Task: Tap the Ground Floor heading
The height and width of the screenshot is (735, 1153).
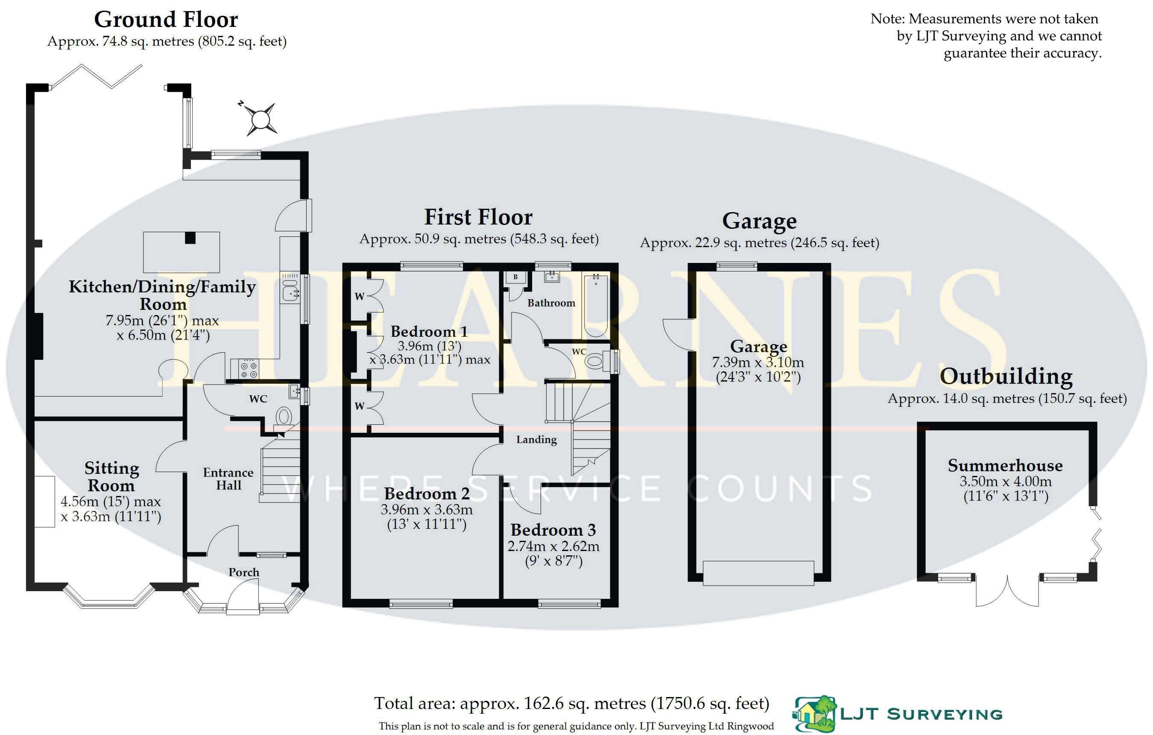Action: tap(166, 20)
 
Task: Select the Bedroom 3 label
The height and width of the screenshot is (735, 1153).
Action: tap(553, 530)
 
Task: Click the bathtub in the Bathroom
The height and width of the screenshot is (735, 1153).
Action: tap(596, 305)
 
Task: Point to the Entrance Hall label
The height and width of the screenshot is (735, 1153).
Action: tap(228, 479)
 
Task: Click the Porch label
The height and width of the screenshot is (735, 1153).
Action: tap(244, 572)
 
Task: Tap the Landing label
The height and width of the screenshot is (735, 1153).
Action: tap(536, 440)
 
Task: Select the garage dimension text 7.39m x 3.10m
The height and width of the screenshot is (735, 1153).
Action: tap(758, 362)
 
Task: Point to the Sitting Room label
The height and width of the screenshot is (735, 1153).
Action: tap(111, 477)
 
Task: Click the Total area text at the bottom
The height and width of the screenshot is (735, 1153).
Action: tap(572, 703)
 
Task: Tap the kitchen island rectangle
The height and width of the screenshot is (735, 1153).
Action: tap(181, 252)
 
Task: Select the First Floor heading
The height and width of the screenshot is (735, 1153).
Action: tap(478, 217)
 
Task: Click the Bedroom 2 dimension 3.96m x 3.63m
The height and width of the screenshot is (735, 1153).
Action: tap(427, 510)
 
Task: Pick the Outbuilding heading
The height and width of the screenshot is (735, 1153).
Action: tap(1006, 376)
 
